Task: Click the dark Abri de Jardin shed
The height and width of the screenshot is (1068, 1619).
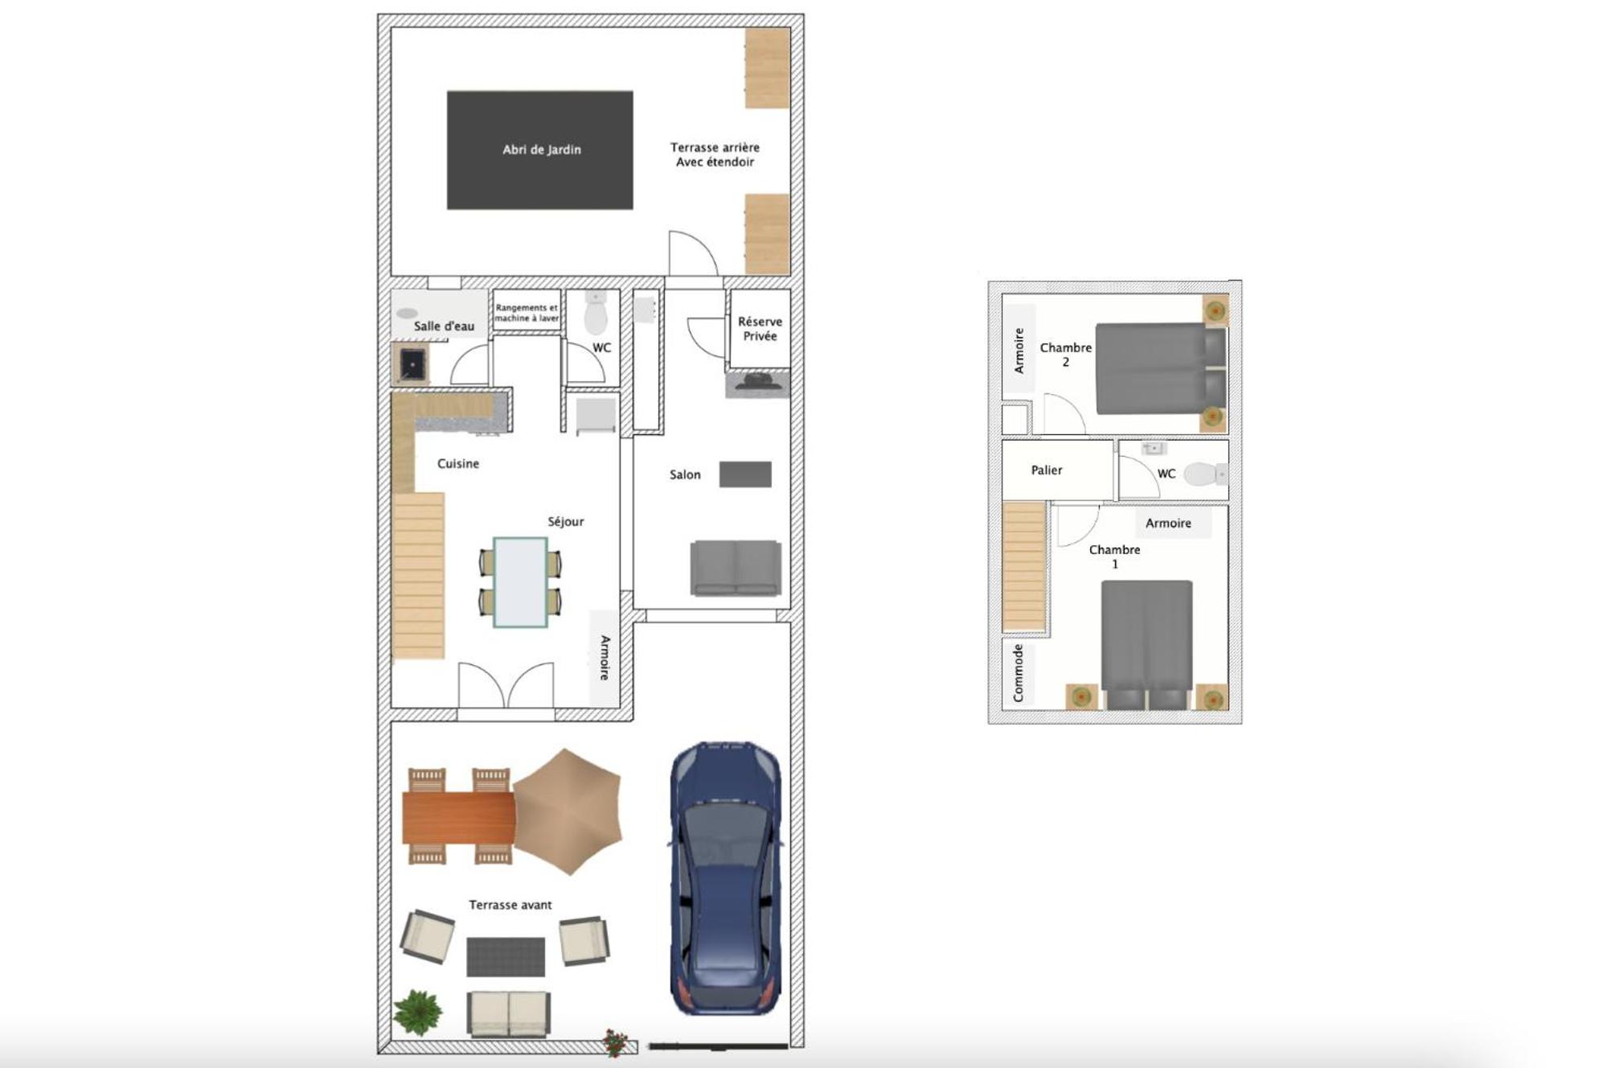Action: click(539, 150)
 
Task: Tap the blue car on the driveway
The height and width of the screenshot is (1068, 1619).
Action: click(726, 878)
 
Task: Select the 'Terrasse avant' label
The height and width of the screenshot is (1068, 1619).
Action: click(510, 905)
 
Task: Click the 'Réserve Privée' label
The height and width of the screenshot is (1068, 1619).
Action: click(760, 329)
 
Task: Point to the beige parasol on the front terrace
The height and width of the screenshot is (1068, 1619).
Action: click(568, 811)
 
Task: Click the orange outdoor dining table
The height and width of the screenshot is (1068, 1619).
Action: click(458, 817)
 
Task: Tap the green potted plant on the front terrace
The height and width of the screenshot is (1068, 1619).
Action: click(418, 1012)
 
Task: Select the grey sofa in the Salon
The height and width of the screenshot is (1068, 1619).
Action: click(736, 568)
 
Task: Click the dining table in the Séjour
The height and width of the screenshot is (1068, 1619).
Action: click(520, 581)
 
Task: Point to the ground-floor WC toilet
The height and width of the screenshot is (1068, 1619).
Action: click(596, 313)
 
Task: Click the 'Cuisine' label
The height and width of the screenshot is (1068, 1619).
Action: click(458, 464)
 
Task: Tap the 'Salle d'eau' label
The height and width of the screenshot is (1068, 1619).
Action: click(444, 326)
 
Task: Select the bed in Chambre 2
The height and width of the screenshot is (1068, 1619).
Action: click(1161, 368)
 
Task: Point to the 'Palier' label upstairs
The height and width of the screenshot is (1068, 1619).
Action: click(1047, 470)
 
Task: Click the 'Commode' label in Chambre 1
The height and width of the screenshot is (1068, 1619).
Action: click(1019, 673)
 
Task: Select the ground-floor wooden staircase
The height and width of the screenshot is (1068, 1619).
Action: click(418, 576)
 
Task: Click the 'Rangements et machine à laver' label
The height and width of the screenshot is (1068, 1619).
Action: click(527, 313)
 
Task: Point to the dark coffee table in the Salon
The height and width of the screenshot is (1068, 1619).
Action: click(745, 474)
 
